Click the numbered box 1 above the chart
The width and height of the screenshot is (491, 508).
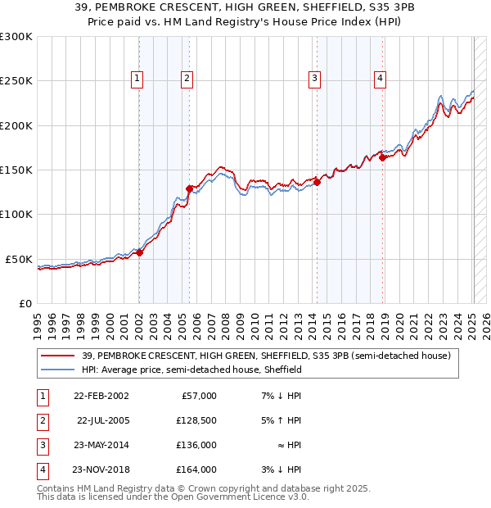(137, 79)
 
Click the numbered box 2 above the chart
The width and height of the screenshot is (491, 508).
(187, 79)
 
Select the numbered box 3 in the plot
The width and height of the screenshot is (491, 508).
(314, 79)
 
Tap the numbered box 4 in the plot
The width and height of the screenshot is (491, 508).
(381, 79)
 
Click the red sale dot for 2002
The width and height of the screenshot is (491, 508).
(139, 252)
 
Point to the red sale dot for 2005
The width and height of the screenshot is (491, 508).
(189, 188)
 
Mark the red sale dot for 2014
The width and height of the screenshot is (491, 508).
(317, 182)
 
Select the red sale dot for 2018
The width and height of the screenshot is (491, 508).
(382, 158)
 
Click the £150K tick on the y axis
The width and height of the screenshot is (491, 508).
(16, 170)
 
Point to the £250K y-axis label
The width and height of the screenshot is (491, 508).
(16, 81)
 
